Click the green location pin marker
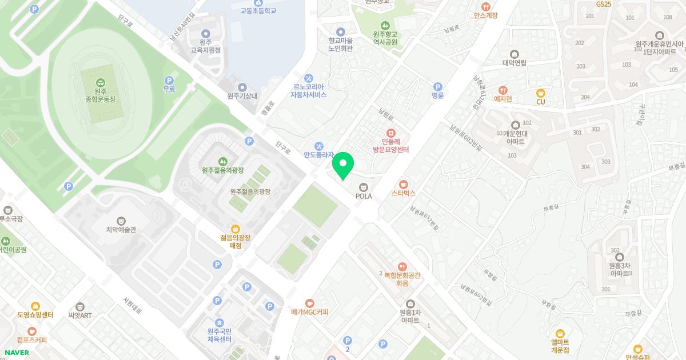pos(343,165)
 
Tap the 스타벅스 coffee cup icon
pos(404,184)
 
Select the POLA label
pos(364,196)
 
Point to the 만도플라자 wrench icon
pos(319,145)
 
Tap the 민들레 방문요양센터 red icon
pos(391,133)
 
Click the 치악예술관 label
pos(121,230)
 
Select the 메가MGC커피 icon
pos(309,303)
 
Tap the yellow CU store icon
pos(540,93)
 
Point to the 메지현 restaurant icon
pos(503,90)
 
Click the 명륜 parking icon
pos(438,86)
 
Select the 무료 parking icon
pos(169,81)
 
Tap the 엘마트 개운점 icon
pos(560,333)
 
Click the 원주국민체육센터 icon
pos(220,323)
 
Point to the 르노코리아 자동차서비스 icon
pos(309,78)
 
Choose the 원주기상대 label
pos(242,96)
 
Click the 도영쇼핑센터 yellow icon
pos(35,306)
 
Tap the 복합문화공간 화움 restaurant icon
pos(402,266)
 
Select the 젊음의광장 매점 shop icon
pos(235,229)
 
